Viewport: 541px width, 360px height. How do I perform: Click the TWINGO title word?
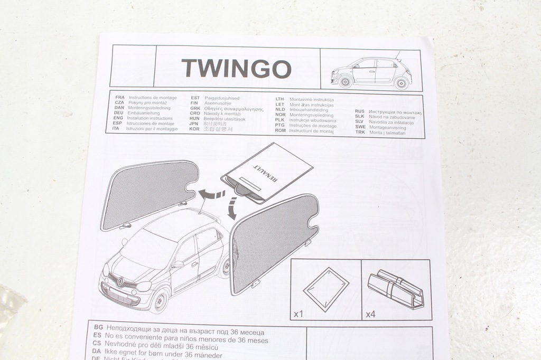click(x=236, y=68)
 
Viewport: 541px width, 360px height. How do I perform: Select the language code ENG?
click(x=119, y=118)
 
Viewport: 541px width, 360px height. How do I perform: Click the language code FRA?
click(x=119, y=98)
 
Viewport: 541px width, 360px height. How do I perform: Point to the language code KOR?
click(x=195, y=129)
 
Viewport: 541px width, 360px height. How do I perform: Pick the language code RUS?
click(x=359, y=112)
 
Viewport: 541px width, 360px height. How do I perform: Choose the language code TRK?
click(x=360, y=132)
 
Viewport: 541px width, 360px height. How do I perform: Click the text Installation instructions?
click(x=150, y=118)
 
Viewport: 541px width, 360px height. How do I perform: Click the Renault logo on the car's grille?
click(x=119, y=282)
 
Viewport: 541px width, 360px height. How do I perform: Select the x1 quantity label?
click(x=299, y=314)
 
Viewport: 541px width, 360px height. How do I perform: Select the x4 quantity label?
click(x=370, y=314)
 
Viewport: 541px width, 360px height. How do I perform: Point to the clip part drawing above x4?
click(x=396, y=289)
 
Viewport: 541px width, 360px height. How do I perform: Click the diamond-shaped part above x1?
click(x=326, y=288)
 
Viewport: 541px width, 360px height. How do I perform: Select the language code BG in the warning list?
click(x=97, y=328)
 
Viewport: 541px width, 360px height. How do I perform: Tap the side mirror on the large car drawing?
click(x=179, y=264)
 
